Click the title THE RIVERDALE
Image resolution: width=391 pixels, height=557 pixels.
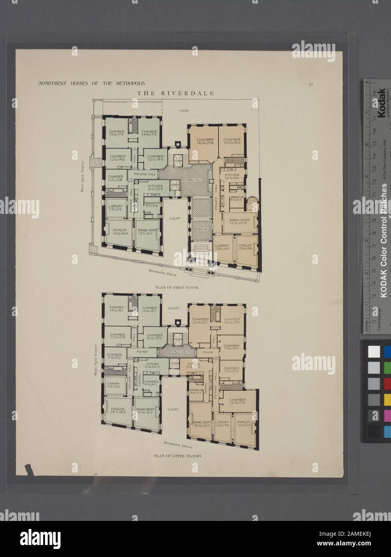(175, 93)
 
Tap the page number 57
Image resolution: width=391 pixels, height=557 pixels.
(311, 84)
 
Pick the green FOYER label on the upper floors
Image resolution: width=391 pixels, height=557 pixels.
(143, 352)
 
